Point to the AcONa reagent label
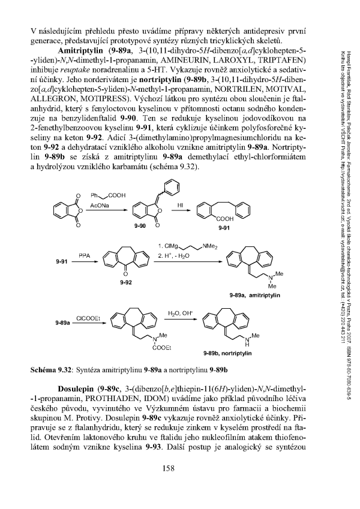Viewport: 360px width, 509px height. [x=100, y=204]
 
